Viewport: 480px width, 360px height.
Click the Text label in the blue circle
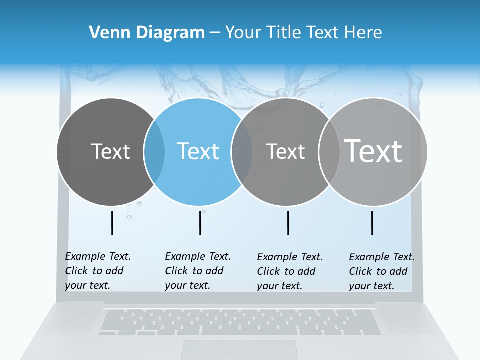198,151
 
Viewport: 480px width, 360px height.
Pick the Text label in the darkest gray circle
110,151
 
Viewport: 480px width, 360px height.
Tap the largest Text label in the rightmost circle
373,151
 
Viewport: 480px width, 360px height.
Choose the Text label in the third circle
285,151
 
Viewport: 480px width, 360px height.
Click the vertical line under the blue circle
200,223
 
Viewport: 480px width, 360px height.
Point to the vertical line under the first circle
112,223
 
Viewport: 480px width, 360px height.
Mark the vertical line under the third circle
288,223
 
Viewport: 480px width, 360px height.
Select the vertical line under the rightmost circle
372,223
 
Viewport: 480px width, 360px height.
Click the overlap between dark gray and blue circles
154,151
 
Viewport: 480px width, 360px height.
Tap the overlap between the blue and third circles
242,151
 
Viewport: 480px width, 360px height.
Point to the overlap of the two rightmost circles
329,151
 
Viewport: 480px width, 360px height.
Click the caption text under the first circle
98,271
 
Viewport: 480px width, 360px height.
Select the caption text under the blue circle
198,271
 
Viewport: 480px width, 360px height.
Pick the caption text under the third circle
290,271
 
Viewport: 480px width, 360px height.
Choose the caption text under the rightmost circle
382,271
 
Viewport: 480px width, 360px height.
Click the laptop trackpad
240,349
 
